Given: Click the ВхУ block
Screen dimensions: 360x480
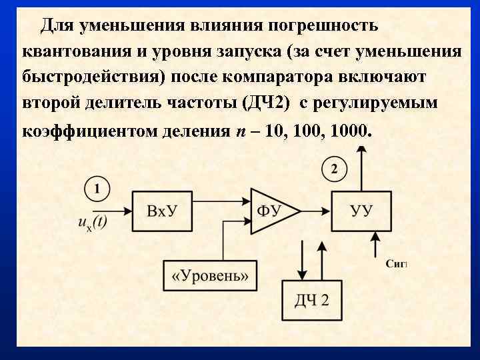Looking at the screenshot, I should pyautogui.click(x=162, y=211).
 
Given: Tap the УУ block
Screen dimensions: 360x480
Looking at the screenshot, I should pyautogui.click(x=361, y=211).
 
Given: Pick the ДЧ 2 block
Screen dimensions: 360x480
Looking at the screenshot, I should pyautogui.click(x=311, y=299).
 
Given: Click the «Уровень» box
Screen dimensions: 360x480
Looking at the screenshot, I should pyautogui.click(x=210, y=275).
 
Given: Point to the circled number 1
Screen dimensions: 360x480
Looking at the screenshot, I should pyautogui.click(x=97, y=189).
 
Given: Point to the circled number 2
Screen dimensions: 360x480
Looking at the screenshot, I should pyautogui.click(x=334, y=169).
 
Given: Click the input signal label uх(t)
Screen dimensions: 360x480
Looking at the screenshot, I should pyautogui.click(x=92, y=223).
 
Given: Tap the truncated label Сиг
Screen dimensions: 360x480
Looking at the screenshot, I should pyautogui.click(x=396, y=264).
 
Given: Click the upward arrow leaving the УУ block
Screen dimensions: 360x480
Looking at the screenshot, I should pyautogui.click(x=361, y=167).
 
